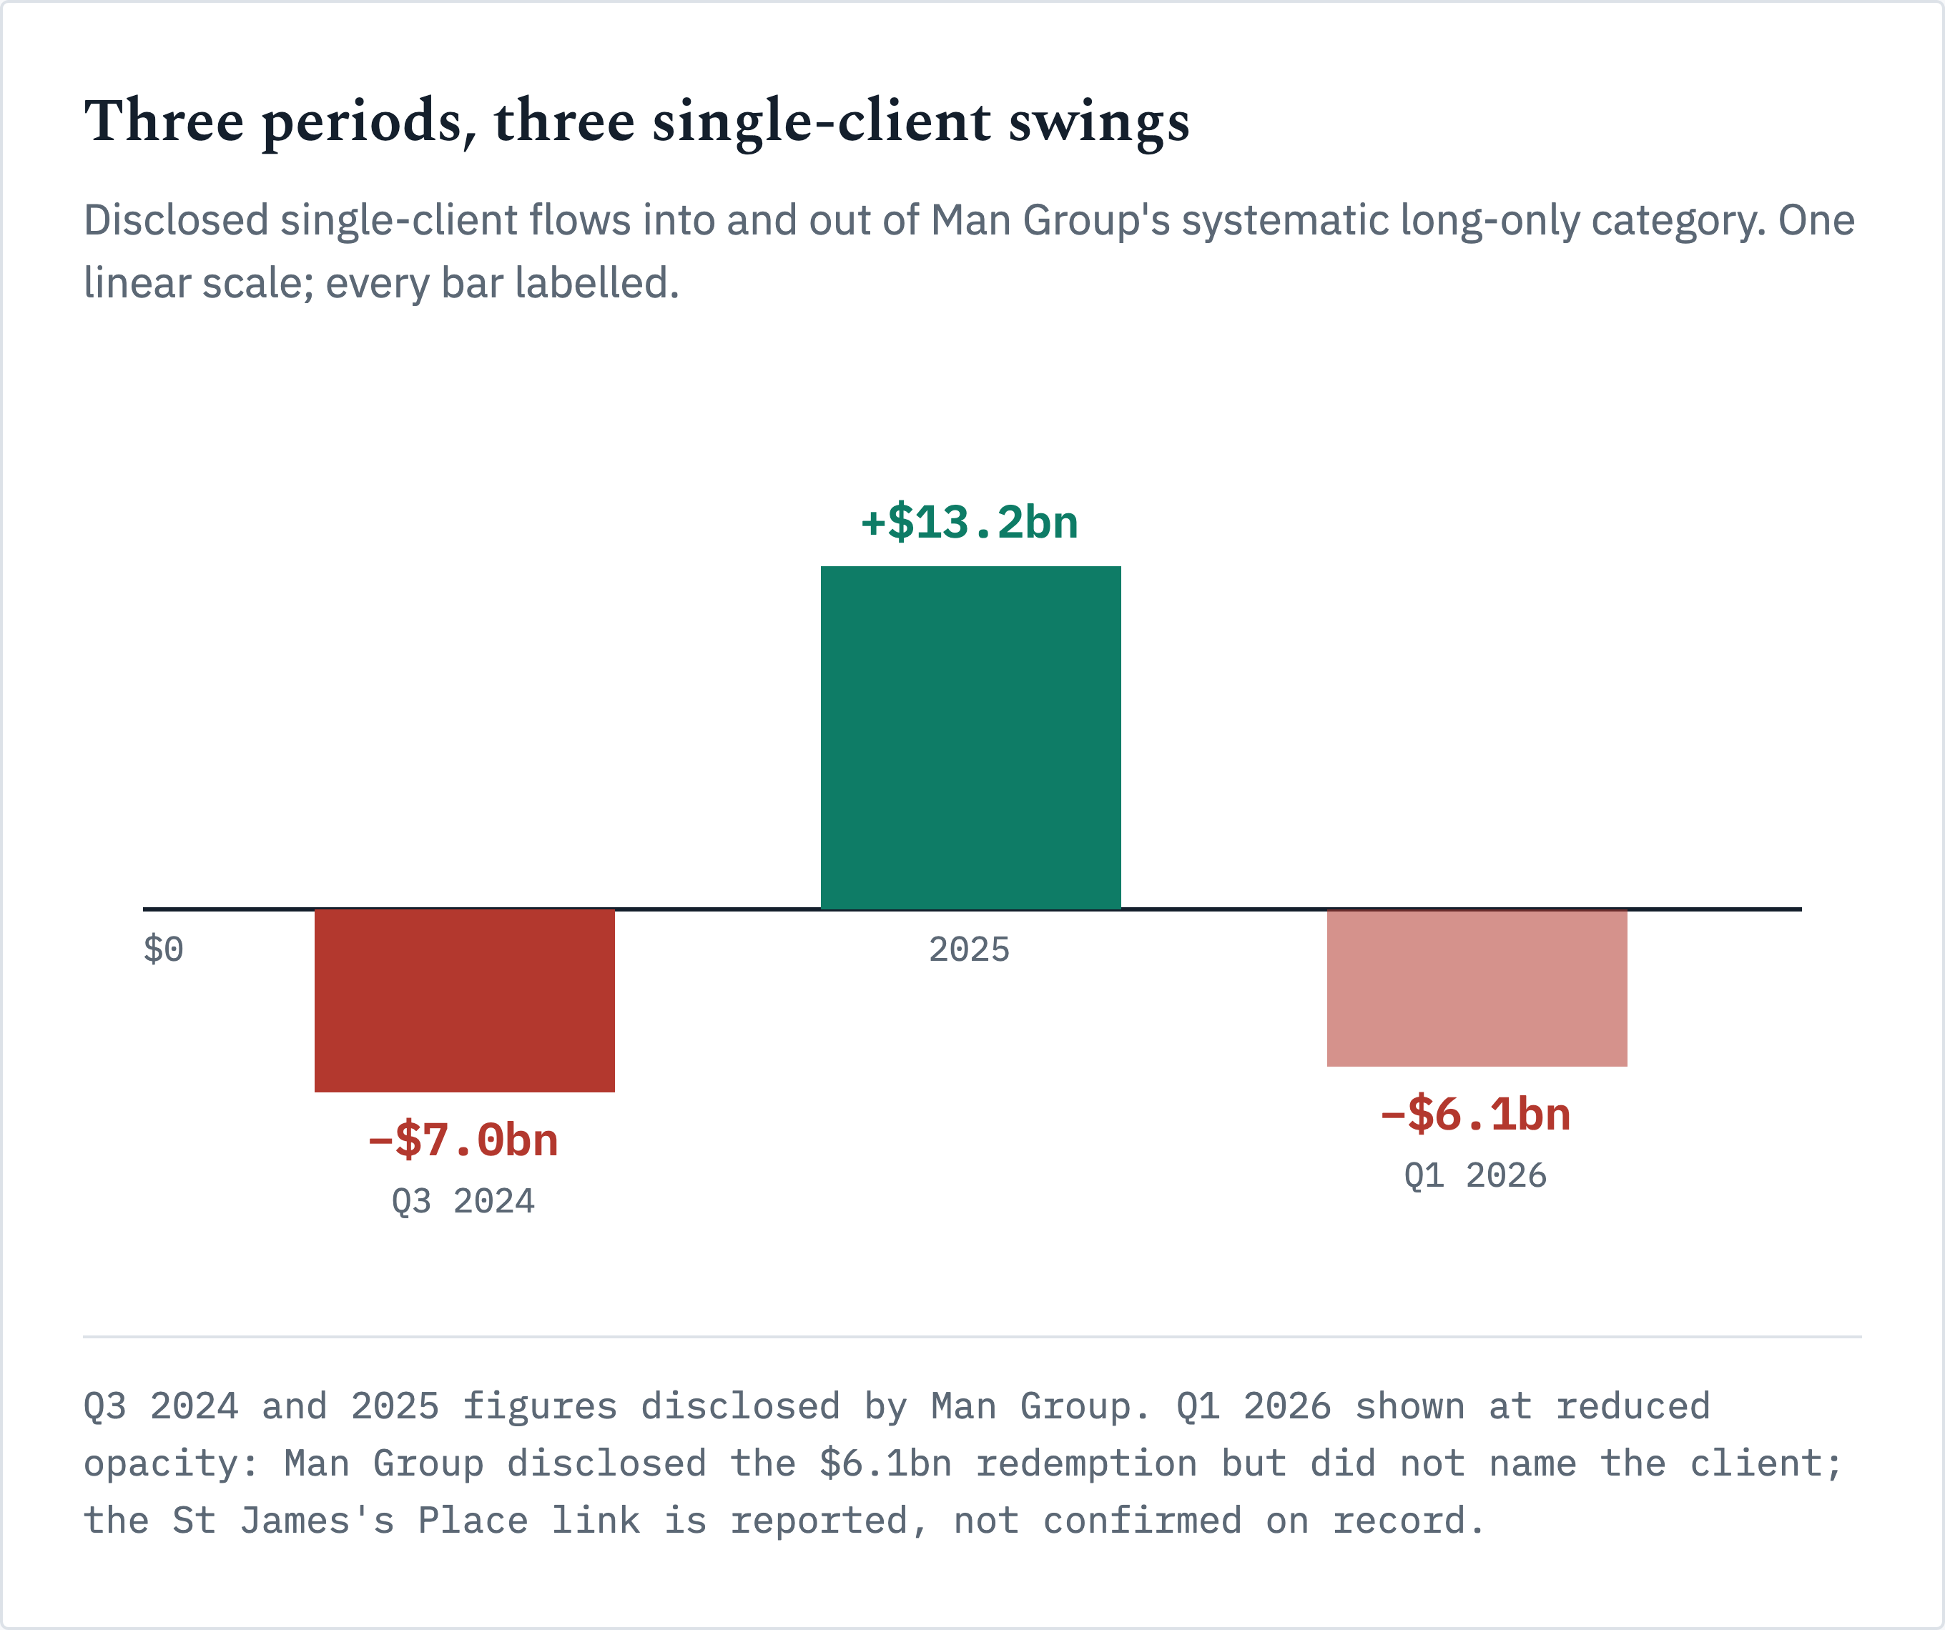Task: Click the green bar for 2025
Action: click(x=970, y=737)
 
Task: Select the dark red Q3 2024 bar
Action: click(x=464, y=1000)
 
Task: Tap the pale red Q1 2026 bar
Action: click(x=1477, y=987)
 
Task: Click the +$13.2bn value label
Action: click(x=970, y=523)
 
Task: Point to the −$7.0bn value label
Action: click(x=463, y=1140)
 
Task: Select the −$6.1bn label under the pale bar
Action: click(x=1475, y=1114)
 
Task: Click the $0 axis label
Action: click(x=163, y=949)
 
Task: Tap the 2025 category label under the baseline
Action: click(x=969, y=949)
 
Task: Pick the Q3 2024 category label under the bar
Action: click(x=463, y=1201)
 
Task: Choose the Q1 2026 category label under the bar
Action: click(x=1475, y=1175)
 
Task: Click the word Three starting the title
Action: click(x=164, y=122)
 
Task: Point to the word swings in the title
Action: click(x=1098, y=123)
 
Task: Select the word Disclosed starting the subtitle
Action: click(x=176, y=220)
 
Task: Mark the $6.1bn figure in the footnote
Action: click(x=885, y=1463)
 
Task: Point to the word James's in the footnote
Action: click(x=317, y=1521)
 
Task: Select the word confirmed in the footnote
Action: click(x=1142, y=1521)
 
